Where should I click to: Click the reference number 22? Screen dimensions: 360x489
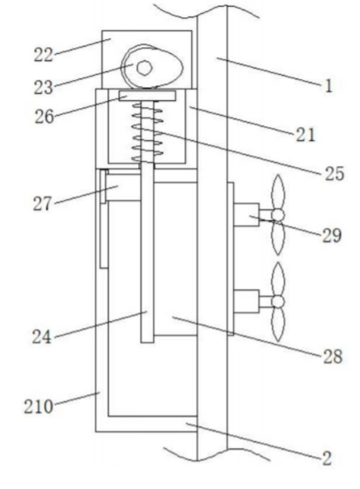click(43, 56)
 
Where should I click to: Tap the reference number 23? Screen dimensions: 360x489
click(43, 87)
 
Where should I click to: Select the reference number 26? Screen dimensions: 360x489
click(43, 117)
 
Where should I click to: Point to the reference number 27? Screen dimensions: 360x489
click(42, 204)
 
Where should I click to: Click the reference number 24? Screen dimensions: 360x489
click(42, 337)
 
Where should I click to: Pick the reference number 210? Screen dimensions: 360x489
click(38, 407)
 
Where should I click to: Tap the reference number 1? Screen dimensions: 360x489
click(328, 86)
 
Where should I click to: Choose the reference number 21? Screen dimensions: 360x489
click(305, 135)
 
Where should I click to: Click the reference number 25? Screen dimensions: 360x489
click(335, 173)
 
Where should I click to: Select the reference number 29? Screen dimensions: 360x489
click(331, 236)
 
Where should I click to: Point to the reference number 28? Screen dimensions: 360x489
click(333, 357)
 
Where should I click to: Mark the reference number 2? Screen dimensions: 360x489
click(327, 459)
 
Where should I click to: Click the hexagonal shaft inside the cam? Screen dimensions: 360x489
click(144, 68)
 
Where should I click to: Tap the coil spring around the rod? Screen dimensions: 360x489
click(147, 131)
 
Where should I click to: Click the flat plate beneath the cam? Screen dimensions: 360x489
click(147, 96)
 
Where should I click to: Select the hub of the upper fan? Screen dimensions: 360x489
click(277, 215)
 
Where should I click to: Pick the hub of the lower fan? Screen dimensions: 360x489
click(277, 302)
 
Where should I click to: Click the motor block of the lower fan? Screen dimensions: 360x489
click(246, 301)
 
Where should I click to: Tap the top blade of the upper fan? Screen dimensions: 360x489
click(278, 191)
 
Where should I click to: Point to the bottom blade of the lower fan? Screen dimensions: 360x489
click(278, 324)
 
